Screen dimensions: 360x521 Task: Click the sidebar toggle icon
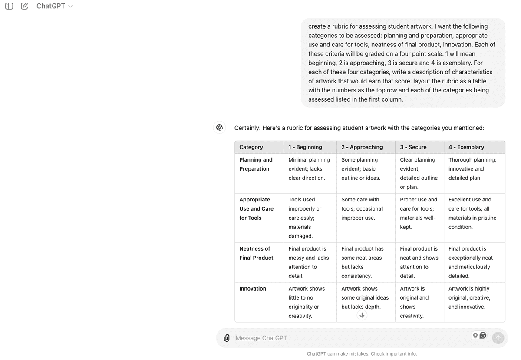click(9, 6)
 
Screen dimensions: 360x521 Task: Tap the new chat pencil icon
click(24, 6)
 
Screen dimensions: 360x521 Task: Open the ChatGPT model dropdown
click(54, 6)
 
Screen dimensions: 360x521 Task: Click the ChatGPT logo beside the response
click(219, 127)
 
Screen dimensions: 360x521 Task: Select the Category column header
click(251, 147)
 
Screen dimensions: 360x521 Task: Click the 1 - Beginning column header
click(305, 147)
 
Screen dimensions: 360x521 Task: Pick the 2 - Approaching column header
click(362, 147)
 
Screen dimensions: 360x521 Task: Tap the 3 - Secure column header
click(413, 147)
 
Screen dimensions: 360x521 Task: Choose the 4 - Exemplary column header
click(466, 147)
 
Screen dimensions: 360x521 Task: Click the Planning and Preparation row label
click(256, 164)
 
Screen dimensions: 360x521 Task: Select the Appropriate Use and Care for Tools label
click(256, 209)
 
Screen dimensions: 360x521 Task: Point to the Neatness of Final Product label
click(256, 253)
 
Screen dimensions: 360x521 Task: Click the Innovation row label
click(253, 288)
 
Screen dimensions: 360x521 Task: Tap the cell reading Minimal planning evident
click(309, 169)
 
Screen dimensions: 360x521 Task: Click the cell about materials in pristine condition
click(472, 213)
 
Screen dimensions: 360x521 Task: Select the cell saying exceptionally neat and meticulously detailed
click(470, 262)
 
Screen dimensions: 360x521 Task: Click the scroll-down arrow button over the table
click(362, 315)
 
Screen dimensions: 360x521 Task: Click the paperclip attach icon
click(227, 338)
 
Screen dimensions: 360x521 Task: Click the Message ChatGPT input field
click(347, 338)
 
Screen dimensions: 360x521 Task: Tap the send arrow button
click(498, 338)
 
